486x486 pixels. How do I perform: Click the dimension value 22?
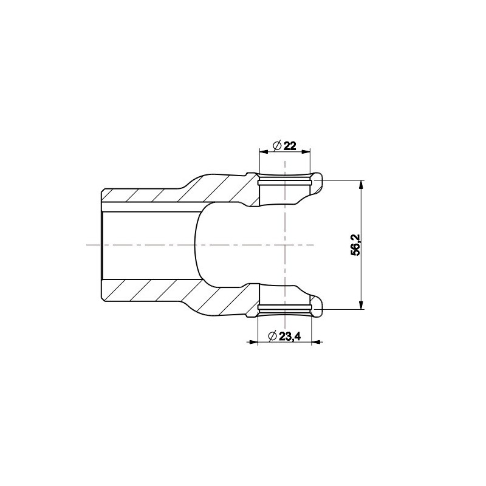290,145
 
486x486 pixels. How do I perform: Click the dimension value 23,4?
290,337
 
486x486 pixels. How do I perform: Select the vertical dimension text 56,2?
356,245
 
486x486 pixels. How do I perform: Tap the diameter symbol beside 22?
277,145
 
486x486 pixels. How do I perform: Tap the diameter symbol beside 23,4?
273,337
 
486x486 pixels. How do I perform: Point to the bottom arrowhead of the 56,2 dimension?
361,305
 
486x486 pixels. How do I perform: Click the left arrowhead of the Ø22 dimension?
264,151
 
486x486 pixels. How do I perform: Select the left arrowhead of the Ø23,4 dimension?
253,342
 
